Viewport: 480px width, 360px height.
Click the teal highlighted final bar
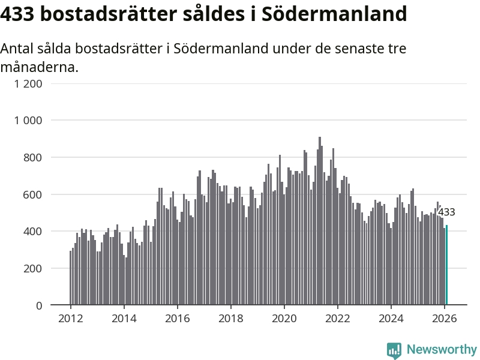[x=446, y=265]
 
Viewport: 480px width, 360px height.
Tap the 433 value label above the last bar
[x=446, y=212]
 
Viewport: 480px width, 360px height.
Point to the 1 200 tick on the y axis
[x=28, y=83]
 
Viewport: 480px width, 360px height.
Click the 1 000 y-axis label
[x=28, y=121]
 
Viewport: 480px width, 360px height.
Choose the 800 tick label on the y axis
[x=34, y=157]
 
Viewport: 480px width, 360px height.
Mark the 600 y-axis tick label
[x=34, y=194]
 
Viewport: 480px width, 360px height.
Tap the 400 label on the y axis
[x=34, y=232]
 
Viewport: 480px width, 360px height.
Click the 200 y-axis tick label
[x=34, y=268]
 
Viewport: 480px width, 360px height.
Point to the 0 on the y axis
[x=39, y=305]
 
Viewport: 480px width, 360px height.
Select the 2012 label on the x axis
[x=71, y=319]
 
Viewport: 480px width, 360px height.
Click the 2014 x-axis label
[x=124, y=319]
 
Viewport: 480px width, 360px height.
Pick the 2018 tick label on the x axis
[x=231, y=319]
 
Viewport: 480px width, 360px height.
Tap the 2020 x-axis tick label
[x=284, y=319]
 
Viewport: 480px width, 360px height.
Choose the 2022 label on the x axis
[x=338, y=319]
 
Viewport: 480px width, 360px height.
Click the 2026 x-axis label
[x=445, y=319]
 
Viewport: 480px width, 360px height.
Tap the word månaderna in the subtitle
[x=39, y=67]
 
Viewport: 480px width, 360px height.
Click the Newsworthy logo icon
[x=394, y=350]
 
